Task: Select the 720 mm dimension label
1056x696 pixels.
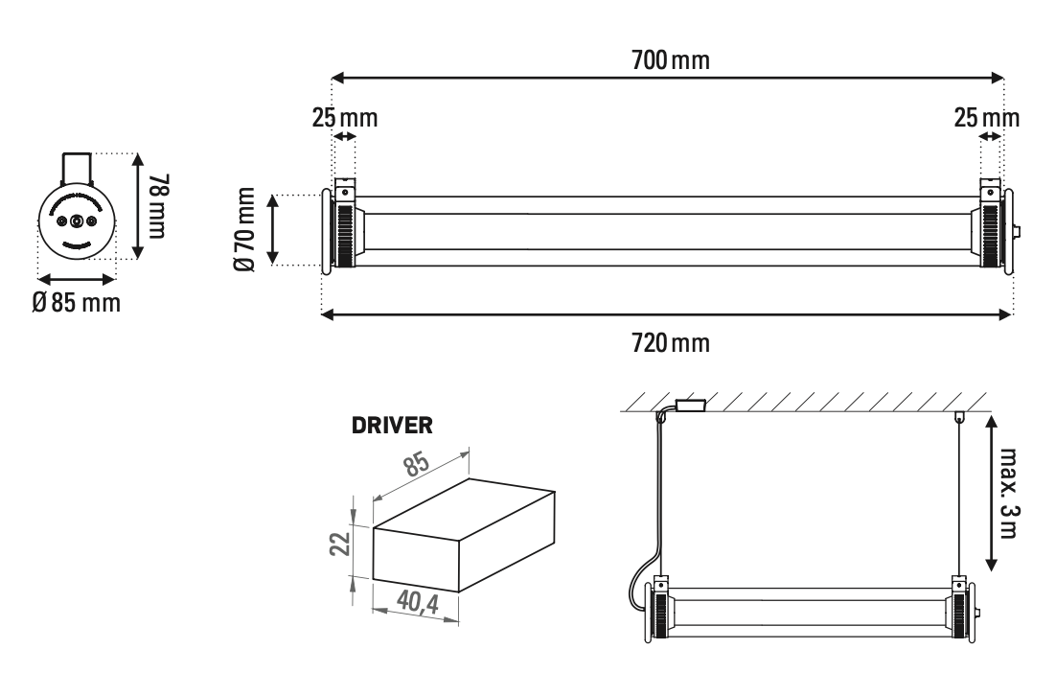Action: (x=670, y=342)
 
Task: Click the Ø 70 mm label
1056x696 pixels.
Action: (x=245, y=229)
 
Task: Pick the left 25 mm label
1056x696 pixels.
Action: (x=344, y=119)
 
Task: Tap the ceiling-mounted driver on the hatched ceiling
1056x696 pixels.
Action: (x=689, y=405)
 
